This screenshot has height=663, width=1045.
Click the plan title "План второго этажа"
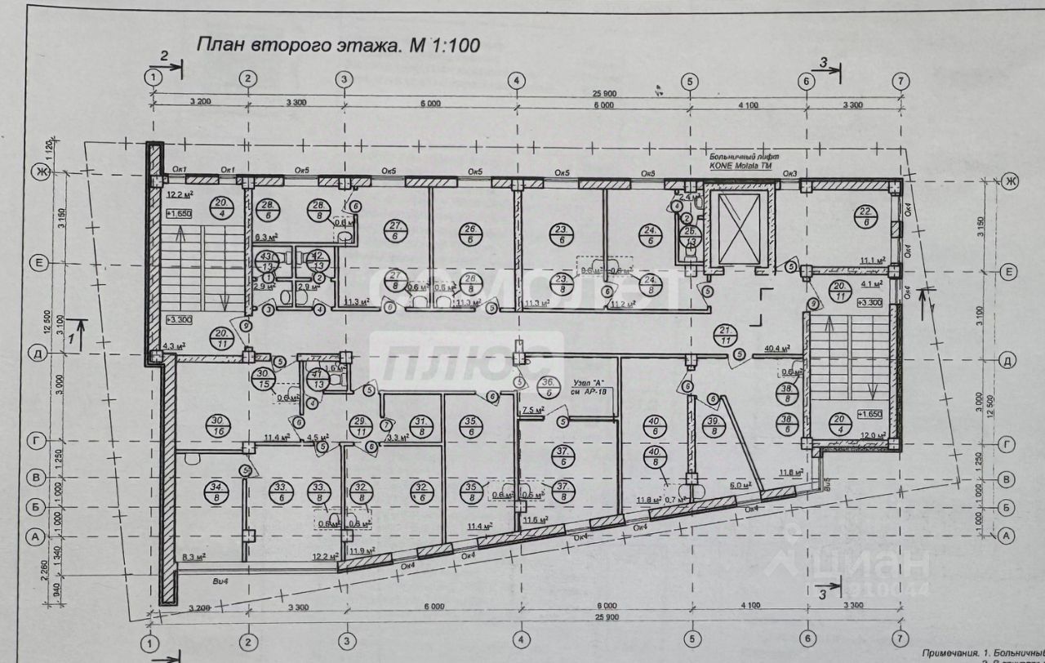[298, 45]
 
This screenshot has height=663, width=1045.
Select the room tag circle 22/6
[867, 216]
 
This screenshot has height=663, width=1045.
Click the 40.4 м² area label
[776, 349]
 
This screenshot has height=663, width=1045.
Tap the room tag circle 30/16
[219, 425]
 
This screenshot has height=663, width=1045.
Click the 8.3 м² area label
[193, 557]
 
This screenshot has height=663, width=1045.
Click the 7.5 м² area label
[533, 410]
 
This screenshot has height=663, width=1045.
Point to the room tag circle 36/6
[550, 386]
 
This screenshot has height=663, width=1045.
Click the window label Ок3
[789, 173]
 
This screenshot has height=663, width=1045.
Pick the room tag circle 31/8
[420, 425]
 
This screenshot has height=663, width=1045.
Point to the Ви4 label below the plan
[218, 581]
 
